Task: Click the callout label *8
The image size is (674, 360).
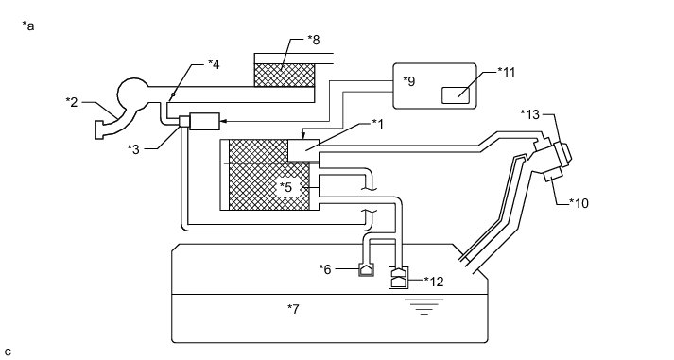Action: point(313,40)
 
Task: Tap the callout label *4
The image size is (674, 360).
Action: point(214,64)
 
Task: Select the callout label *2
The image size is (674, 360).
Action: point(71,102)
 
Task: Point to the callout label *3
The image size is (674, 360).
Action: point(133,149)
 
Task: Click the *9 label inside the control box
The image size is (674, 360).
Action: point(409,81)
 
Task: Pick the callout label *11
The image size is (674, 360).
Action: point(507,71)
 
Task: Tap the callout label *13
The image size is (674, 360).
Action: point(529,114)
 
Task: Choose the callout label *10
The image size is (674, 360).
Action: point(579,203)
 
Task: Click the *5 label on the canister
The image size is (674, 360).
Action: point(285,187)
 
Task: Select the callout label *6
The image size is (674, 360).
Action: point(325,269)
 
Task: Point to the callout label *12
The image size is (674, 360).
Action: point(434,282)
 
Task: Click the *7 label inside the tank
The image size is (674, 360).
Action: point(293,308)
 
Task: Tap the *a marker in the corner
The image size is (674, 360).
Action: point(28,26)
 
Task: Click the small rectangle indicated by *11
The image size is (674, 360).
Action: point(456,94)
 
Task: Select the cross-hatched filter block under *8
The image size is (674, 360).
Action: point(285,76)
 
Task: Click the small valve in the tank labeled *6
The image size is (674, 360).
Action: point(366,270)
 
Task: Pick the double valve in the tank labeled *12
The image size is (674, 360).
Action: point(398,278)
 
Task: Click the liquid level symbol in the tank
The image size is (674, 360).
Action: point(423,306)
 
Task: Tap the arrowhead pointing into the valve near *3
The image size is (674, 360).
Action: point(223,122)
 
